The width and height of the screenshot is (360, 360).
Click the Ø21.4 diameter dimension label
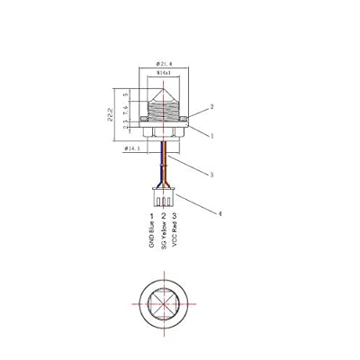(164, 64)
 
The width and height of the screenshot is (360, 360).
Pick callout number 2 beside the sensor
(211, 106)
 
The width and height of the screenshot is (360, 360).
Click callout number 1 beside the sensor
(211, 136)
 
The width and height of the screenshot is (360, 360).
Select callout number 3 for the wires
(211, 175)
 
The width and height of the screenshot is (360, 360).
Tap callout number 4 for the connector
(219, 214)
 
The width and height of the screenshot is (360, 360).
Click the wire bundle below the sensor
(163, 162)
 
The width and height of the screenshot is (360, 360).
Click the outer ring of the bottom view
(139, 303)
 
